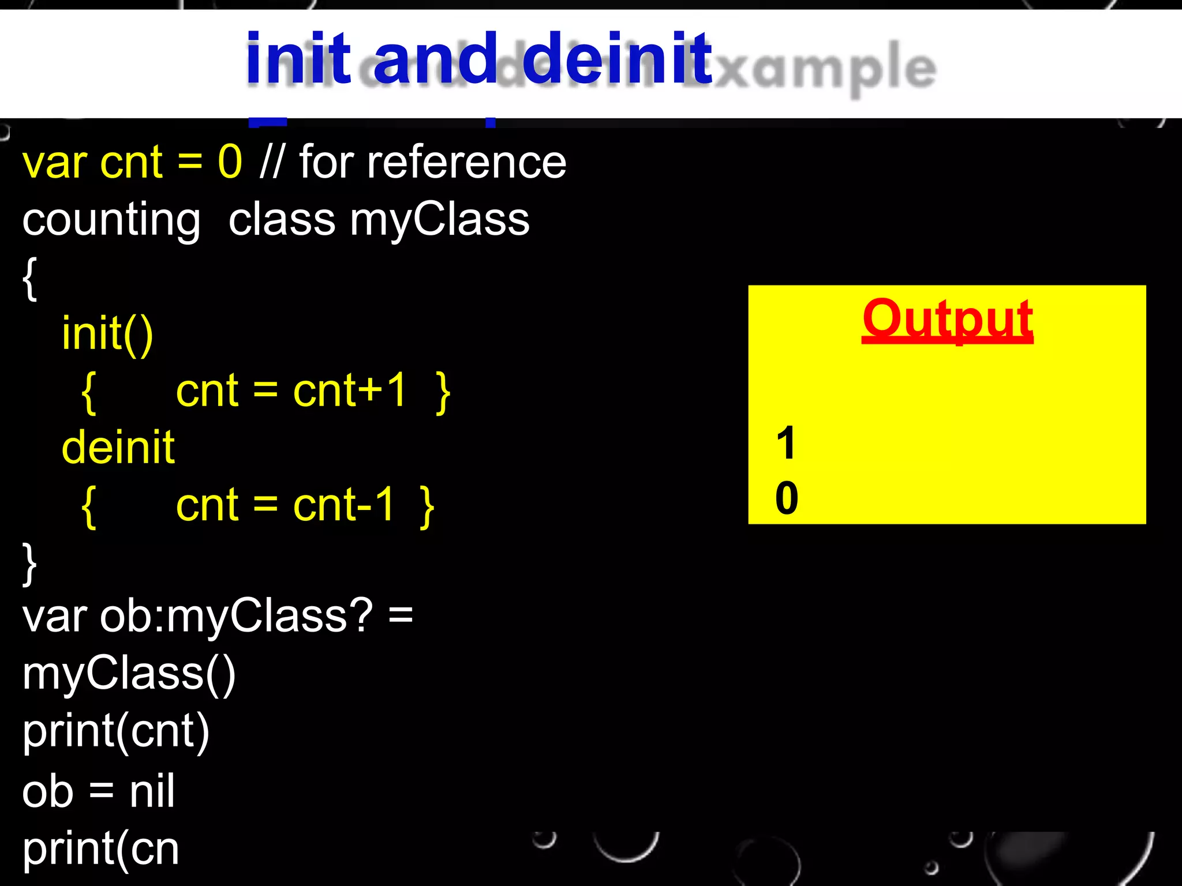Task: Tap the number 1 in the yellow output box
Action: pos(786,443)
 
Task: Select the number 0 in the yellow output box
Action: pos(787,498)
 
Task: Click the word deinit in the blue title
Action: pos(617,58)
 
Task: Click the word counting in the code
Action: pos(111,220)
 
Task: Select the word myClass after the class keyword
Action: pos(439,220)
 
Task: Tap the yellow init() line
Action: pos(107,333)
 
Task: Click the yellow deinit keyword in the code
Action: pos(118,448)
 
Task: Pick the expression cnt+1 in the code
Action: pos(350,391)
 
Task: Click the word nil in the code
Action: pos(152,791)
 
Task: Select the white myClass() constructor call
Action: pos(129,674)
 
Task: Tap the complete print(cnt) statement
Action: pos(115,731)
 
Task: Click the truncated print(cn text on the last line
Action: pos(100,849)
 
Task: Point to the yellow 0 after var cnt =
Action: pos(230,162)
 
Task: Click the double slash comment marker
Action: pos(271,162)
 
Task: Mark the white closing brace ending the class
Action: pos(29,563)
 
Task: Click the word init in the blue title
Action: pos(298,58)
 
